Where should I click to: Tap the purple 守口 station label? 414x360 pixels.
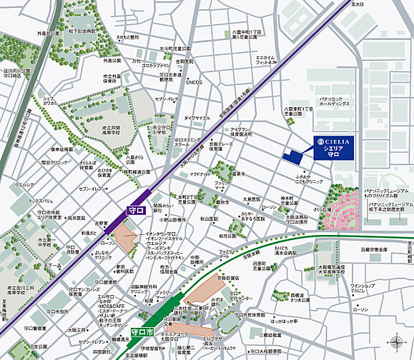[134, 211]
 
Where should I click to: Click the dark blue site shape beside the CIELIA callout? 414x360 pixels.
[292, 155]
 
